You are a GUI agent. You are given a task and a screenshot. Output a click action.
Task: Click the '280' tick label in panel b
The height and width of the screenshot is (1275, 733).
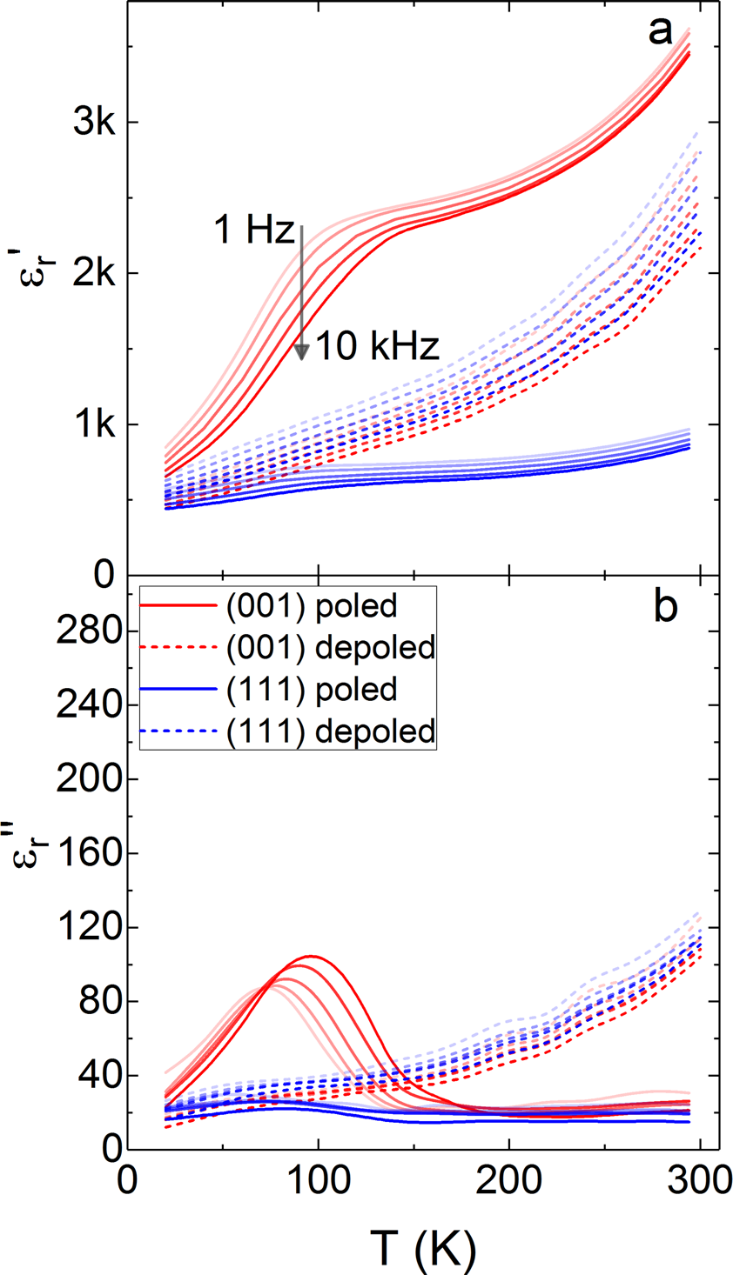[84, 631]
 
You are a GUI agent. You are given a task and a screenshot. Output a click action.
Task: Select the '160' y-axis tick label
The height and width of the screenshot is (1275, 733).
[84, 853]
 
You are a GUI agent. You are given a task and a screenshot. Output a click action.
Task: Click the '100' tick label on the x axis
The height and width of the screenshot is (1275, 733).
[318, 1183]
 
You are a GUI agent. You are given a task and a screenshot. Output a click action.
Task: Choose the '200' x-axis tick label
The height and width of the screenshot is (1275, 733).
[509, 1183]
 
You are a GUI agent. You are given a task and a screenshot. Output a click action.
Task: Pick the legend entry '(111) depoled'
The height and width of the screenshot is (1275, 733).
[330, 731]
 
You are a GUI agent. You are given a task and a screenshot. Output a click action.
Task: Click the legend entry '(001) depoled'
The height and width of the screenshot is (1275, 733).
[330, 648]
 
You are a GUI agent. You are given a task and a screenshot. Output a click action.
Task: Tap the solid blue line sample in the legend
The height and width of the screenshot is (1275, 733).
[179, 690]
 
